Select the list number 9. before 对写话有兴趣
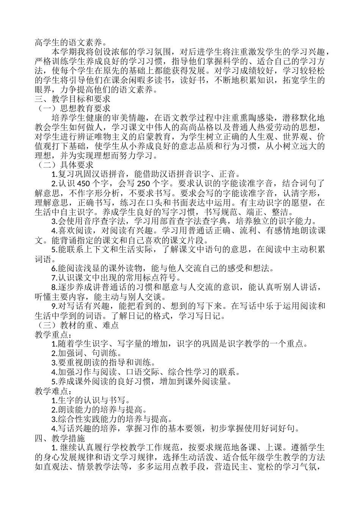coord(54,306)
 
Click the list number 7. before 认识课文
coord(54,278)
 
